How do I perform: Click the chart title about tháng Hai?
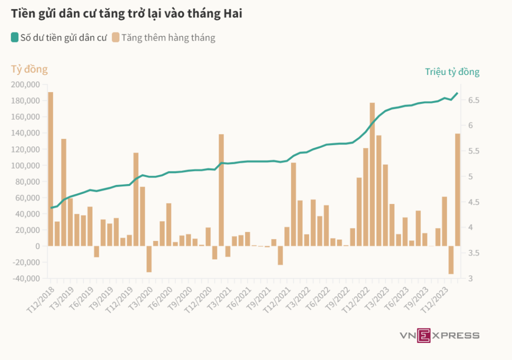tap(127, 14)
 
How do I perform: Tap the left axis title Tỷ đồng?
tap(29, 69)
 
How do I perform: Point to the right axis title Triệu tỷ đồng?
tap(452, 71)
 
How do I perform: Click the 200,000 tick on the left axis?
tap(26, 84)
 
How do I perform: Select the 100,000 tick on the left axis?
tap(26, 165)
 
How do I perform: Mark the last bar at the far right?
tap(457, 190)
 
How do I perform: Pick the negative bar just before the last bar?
tap(451, 260)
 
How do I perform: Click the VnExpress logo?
tap(439, 335)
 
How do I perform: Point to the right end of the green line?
tap(457, 93)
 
